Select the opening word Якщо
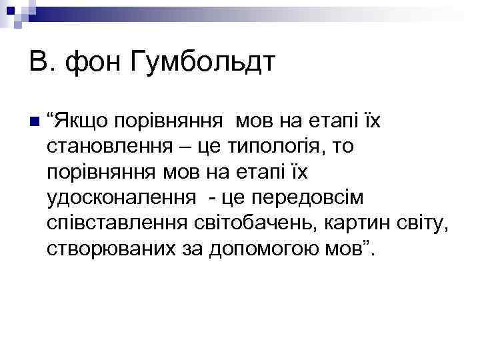(81, 122)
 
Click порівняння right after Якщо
(173, 122)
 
